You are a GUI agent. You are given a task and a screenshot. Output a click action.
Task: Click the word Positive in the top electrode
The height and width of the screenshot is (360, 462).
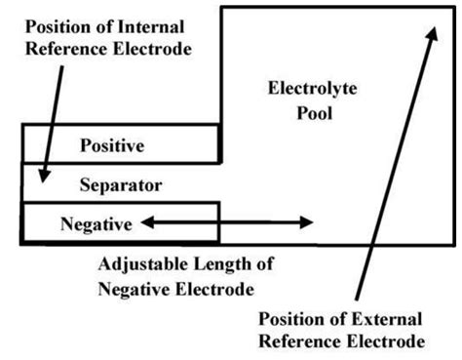pyautogui.click(x=111, y=146)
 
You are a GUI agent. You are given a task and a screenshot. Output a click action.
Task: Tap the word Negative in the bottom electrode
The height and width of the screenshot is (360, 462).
pyautogui.click(x=96, y=223)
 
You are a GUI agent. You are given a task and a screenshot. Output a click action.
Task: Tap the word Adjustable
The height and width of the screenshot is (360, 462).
pyautogui.click(x=142, y=264)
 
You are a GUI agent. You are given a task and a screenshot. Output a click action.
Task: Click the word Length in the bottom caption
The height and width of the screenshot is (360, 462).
pyautogui.click(x=223, y=264)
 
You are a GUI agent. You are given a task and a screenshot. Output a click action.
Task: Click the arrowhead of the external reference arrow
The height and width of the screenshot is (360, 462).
pyautogui.click(x=428, y=32)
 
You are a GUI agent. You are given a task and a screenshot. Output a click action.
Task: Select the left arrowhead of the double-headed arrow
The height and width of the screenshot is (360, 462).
pyautogui.click(x=144, y=223)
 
